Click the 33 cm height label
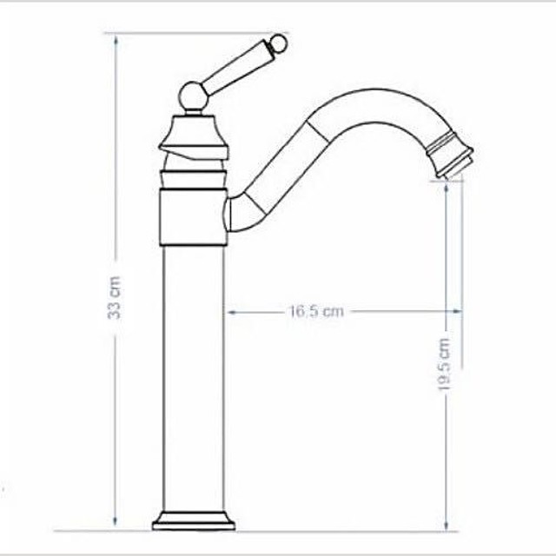coord(115,300)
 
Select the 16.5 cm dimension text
coord(316,311)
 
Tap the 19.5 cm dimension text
coord(445,365)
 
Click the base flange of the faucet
coord(193,520)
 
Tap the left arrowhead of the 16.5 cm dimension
coord(231,311)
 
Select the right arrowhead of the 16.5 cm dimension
coord(451,311)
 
